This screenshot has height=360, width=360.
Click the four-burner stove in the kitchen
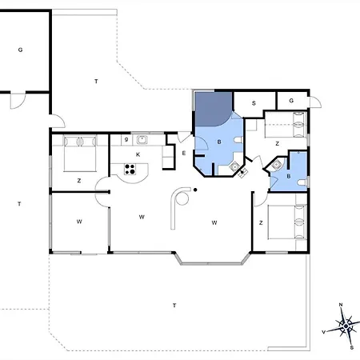point(130,169)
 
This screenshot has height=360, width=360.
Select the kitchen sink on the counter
point(142,140)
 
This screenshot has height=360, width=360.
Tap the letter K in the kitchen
point(138,154)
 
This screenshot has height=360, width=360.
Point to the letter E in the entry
point(184,154)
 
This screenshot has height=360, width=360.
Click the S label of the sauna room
point(254,103)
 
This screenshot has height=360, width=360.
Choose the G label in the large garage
point(20,50)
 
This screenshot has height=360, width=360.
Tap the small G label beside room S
point(291,101)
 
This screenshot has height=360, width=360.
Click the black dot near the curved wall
point(195,190)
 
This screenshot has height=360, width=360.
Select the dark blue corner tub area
point(213,109)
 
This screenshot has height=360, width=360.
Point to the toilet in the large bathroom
point(238,140)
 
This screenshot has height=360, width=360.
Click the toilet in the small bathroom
point(302,182)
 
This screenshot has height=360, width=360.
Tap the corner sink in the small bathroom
point(276,165)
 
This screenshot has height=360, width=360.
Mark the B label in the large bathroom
point(219,142)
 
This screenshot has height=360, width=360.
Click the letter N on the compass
point(341,305)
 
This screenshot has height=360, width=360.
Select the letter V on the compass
point(324,332)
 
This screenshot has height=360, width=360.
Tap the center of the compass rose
point(346,326)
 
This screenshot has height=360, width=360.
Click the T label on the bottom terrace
point(174,306)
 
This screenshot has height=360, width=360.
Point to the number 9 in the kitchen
point(126,139)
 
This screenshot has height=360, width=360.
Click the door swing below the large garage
point(18,101)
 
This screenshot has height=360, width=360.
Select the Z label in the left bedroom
point(79,181)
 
